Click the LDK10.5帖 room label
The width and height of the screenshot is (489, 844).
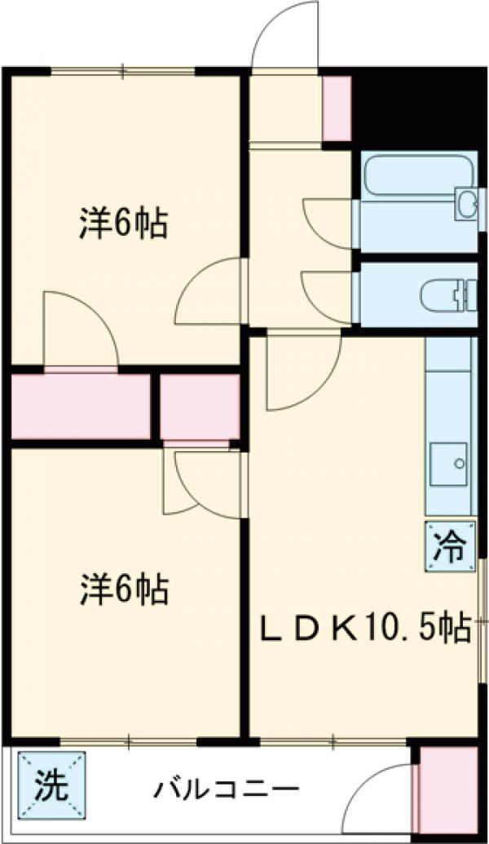(363, 628)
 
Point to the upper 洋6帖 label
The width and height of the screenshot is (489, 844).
(123, 224)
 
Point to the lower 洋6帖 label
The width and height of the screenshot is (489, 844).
(123, 589)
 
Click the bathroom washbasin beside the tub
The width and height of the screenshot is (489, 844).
(466, 201)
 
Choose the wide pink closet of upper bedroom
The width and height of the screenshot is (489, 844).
(81, 405)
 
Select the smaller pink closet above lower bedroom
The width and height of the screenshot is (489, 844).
(199, 405)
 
